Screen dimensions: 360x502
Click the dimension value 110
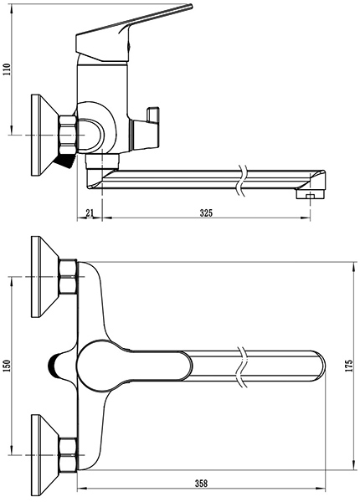pyautogui.click(x=7, y=69)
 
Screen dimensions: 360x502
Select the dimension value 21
pyautogui.click(x=90, y=213)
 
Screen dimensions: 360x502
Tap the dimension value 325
pyautogui.click(x=206, y=213)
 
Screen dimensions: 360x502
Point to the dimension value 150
pyautogui.click(x=7, y=366)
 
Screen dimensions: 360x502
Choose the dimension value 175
pyautogui.click(x=349, y=366)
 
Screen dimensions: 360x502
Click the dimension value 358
pyautogui.click(x=201, y=483)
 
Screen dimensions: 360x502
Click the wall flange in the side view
pyautogui.click(x=45, y=135)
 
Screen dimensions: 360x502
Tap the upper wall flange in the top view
pyautogui.click(x=45, y=277)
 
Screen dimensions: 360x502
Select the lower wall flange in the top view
pyautogui.click(x=45, y=455)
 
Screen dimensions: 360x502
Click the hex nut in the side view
pyautogui.click(x=68, y=135)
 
